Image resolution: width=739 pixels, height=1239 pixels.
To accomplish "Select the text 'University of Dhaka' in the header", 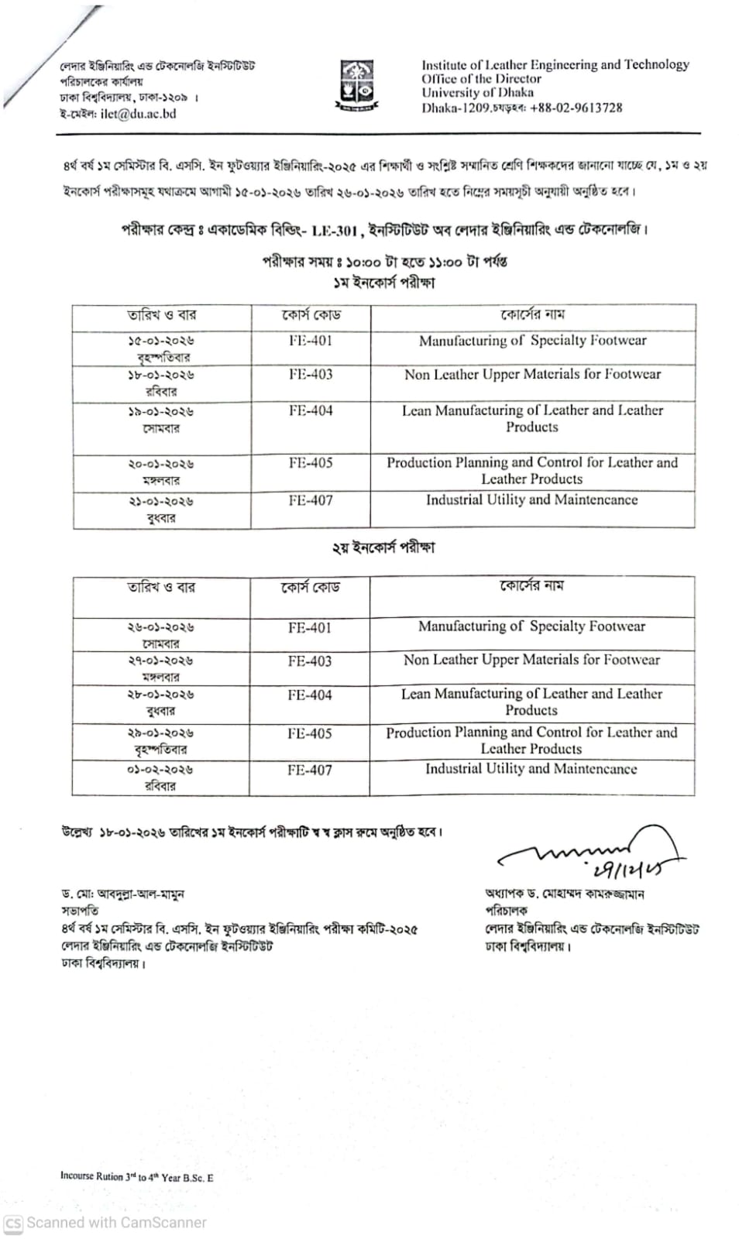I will (477, 93).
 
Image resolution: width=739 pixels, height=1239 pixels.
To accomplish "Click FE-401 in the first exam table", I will (311, 340).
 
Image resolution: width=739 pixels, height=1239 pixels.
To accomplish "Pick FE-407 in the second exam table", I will (309, 770).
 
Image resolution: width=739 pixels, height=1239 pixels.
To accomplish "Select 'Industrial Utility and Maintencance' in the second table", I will (531, 768).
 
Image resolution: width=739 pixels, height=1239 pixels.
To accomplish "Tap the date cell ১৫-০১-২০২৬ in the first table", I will (161, 341).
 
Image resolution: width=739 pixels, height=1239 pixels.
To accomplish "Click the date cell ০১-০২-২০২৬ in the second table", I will (160, 770).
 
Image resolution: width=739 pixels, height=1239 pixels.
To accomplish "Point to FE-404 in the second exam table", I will (309, 695).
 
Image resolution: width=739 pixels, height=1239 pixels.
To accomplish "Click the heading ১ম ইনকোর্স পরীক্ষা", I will (384, 283).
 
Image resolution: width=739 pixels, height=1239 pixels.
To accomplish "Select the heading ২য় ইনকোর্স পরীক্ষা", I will (383, 547).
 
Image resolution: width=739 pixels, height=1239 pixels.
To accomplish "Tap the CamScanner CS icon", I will (13, 1223).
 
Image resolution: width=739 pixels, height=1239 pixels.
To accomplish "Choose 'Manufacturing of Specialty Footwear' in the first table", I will (532, 340).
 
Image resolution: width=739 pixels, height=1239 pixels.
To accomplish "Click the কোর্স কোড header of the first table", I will (311, 315).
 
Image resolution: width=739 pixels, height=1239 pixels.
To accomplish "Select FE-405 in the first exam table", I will (311, 462).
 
